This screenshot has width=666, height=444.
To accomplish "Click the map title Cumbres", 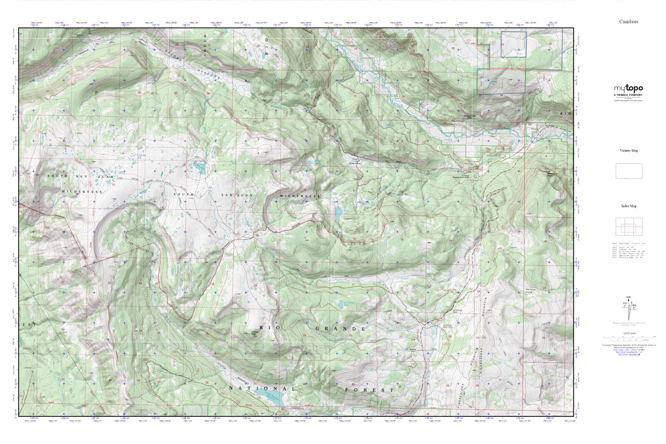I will tap(629, 22).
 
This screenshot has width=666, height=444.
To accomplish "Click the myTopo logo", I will tap(628, 88).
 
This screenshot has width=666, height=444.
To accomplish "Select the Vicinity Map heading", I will tap(629, 151).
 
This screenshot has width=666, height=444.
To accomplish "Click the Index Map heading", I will tap(629, 206).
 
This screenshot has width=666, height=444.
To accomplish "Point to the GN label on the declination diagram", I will tap(628, 297).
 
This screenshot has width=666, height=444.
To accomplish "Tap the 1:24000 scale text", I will tap(629, 333).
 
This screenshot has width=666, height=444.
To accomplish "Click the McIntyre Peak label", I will tap(550, 175).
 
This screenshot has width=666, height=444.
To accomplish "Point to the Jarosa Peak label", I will tap(254, 333).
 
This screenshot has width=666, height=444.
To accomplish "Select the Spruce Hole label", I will tap(531, 291).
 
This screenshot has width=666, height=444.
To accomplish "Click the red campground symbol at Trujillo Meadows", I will tap(283, 409).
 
